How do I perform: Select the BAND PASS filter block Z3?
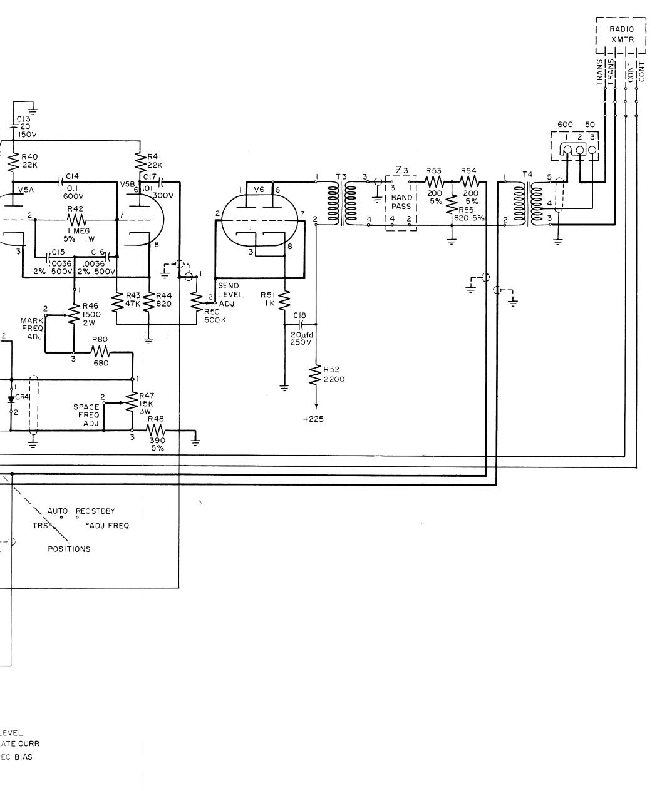[401, 202]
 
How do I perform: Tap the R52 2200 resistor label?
[334, 374]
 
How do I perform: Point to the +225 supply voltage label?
[313, 419]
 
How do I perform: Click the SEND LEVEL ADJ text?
[230, 294]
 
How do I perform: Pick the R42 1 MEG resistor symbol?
[77, 220]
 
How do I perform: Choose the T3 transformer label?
[341, 176]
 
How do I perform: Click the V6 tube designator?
[259, 189]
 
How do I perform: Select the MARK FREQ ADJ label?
[33, 329]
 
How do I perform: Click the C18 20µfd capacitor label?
[299, 334]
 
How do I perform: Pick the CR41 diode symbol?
[11, 398]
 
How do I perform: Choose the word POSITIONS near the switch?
[69, 549]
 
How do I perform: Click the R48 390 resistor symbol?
[155, 431]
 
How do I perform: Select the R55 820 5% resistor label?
[470, 214]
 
